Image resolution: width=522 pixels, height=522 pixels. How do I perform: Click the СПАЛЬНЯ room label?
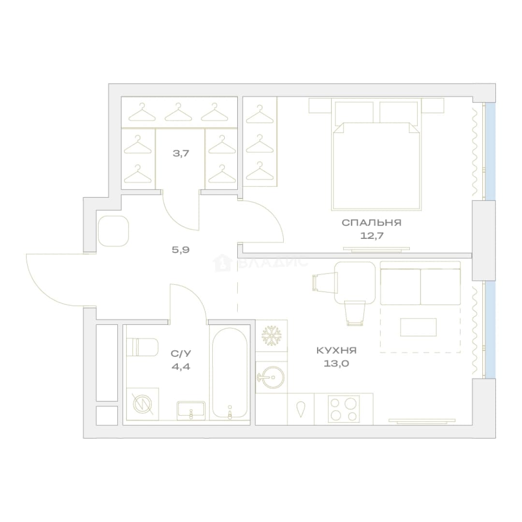click(x=372, y=222)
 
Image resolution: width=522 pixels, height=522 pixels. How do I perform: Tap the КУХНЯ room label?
click(x=336, y=350)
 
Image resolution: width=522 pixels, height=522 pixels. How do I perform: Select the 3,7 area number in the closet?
click(x=181, y=154)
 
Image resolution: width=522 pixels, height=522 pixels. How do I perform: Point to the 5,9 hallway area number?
click(x=181, y=249)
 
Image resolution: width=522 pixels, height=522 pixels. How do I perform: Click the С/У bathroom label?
click(x=181, y=353)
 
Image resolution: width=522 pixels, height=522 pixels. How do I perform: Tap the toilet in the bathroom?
click(x=143, y=347)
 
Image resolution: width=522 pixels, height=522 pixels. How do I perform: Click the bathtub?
click(x=230, y=373)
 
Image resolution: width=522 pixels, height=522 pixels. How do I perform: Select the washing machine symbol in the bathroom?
click(x=143, y=404)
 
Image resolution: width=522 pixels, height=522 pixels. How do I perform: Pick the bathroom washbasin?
click(x=191, y=409)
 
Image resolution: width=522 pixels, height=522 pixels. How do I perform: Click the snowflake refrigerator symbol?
click(x=272, y=335)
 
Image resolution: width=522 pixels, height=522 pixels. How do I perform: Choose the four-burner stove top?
click(x=344, y=409)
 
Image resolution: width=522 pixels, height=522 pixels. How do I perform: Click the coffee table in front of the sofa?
click(x=418, y=327)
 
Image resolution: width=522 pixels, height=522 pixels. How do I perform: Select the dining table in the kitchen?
click(x=355, y=283)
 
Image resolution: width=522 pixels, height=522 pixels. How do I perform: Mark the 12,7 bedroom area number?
click(x=372, y=236)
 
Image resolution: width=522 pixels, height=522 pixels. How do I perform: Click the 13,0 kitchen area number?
click(x=336, y=363)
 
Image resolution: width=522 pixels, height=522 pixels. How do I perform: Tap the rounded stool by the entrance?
click(x=114, y=231)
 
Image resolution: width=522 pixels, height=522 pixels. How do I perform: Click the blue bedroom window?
click(x=490, y=151)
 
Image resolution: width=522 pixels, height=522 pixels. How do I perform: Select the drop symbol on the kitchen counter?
click(x=301, y=409)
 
